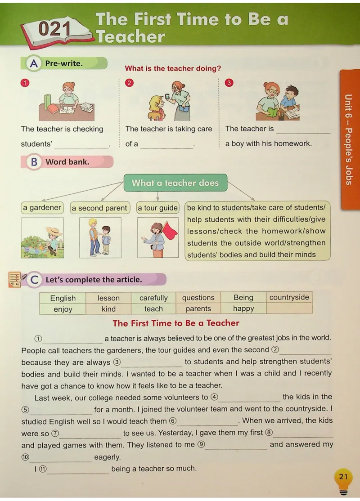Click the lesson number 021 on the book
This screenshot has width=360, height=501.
click(x=54, y=29)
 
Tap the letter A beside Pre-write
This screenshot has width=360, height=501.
click(x=34, y=63)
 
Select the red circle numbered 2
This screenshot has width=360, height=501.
click(x=129, y=83)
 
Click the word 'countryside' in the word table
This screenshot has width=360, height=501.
click(x=289, y=297)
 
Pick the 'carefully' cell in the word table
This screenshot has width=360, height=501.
click(x=153, y=298)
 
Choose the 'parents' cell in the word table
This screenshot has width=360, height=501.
click(x=198, y=309)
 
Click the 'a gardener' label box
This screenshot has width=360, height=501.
click(x=42, y=208)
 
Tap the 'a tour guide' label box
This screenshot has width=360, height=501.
click(x=157, y=208)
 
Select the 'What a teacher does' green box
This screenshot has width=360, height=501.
click(x=175, y=183)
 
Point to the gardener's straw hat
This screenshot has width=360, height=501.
click(x=54, y=231)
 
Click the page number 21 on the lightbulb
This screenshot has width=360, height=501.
click(x=343, y=477)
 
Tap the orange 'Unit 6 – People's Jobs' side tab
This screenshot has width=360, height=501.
click(x=350, y=139)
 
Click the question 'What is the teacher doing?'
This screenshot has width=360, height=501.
click(x=173, y=68)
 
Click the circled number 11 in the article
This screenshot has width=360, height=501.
click(x=42, y=469)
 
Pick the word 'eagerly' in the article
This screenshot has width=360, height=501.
click(x=108, y=457)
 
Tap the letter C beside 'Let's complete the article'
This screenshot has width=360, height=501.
click(x=34, y=280)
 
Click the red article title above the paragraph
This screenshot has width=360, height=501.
click(x=176, y=323)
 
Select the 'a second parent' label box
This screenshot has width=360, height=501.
click(x=100, y=208)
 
